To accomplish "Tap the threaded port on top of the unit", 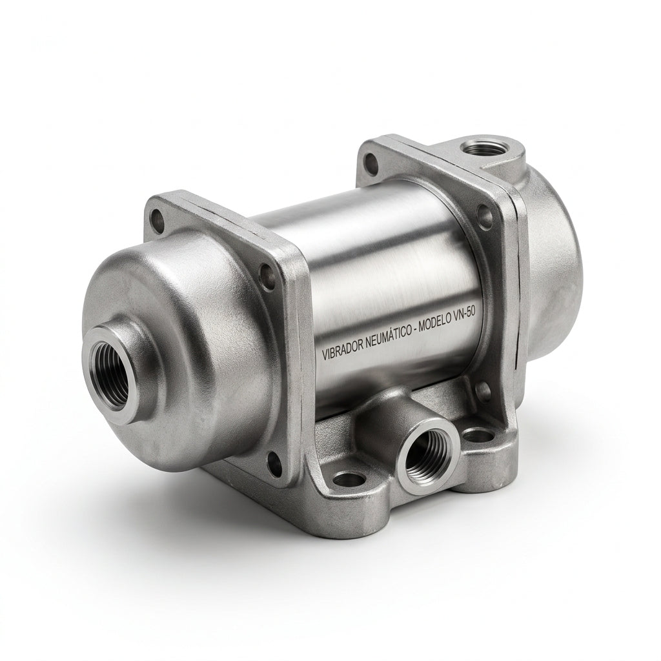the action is click(483, 149).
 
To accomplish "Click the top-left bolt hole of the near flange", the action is click(158, 219).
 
